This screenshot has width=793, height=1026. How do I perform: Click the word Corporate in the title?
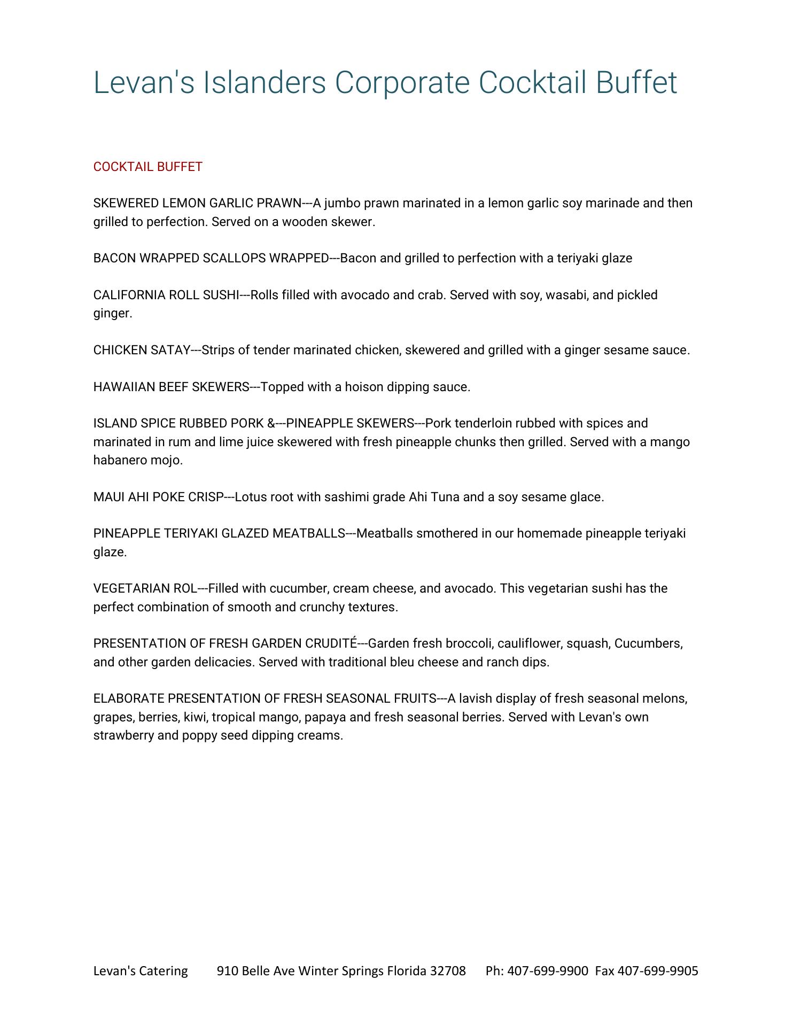402,83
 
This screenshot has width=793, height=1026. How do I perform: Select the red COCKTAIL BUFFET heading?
147,167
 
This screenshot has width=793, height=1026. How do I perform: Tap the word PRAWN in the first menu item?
279,203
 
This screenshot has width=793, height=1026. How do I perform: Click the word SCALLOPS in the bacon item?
234,258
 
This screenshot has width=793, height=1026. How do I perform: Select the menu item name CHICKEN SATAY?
142,350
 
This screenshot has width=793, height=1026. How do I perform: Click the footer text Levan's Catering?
141,970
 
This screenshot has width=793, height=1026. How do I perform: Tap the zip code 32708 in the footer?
448,970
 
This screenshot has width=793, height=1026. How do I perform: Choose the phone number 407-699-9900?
547,970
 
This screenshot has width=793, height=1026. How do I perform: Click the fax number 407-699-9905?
658,970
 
